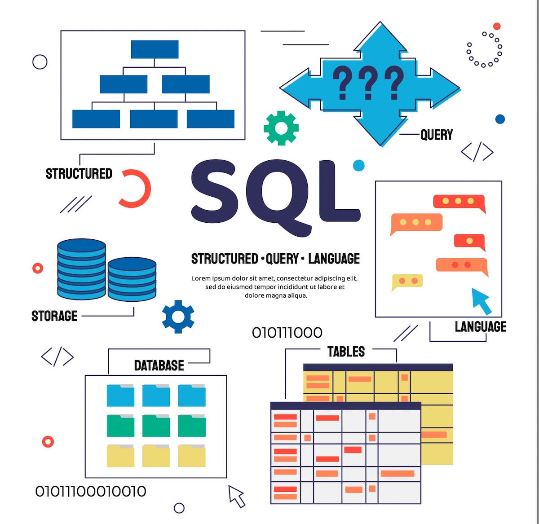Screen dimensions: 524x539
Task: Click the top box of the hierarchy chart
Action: [x=155, y=49]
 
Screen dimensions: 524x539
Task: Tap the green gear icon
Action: [x=281, y=128]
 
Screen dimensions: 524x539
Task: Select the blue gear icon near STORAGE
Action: [x=178, y=317]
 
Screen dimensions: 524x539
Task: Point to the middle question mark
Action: [x=368, y=83]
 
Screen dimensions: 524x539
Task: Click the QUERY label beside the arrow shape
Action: [x=436, y=135]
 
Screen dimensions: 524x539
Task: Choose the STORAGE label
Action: [x=54, y=316]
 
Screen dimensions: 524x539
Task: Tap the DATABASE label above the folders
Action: [x=159, y=365]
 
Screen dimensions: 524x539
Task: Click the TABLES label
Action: [x=346, y=352]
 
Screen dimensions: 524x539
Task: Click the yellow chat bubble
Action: [x=407, y=282]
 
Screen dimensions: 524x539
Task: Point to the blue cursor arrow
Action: [x=482, y=301]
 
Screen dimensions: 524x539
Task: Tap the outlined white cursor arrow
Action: [x=237, y=496]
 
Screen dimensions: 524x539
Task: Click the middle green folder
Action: [x=156, y=426]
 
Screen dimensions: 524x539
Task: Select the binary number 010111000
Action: [x=287, y=333]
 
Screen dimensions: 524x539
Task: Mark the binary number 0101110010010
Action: [x=91, y=491]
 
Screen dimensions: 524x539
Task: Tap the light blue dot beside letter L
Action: [x=358, y=165]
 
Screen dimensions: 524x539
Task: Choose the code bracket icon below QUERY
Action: [x=477, y=152]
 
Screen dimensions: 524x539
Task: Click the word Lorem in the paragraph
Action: [x=201, y=278]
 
